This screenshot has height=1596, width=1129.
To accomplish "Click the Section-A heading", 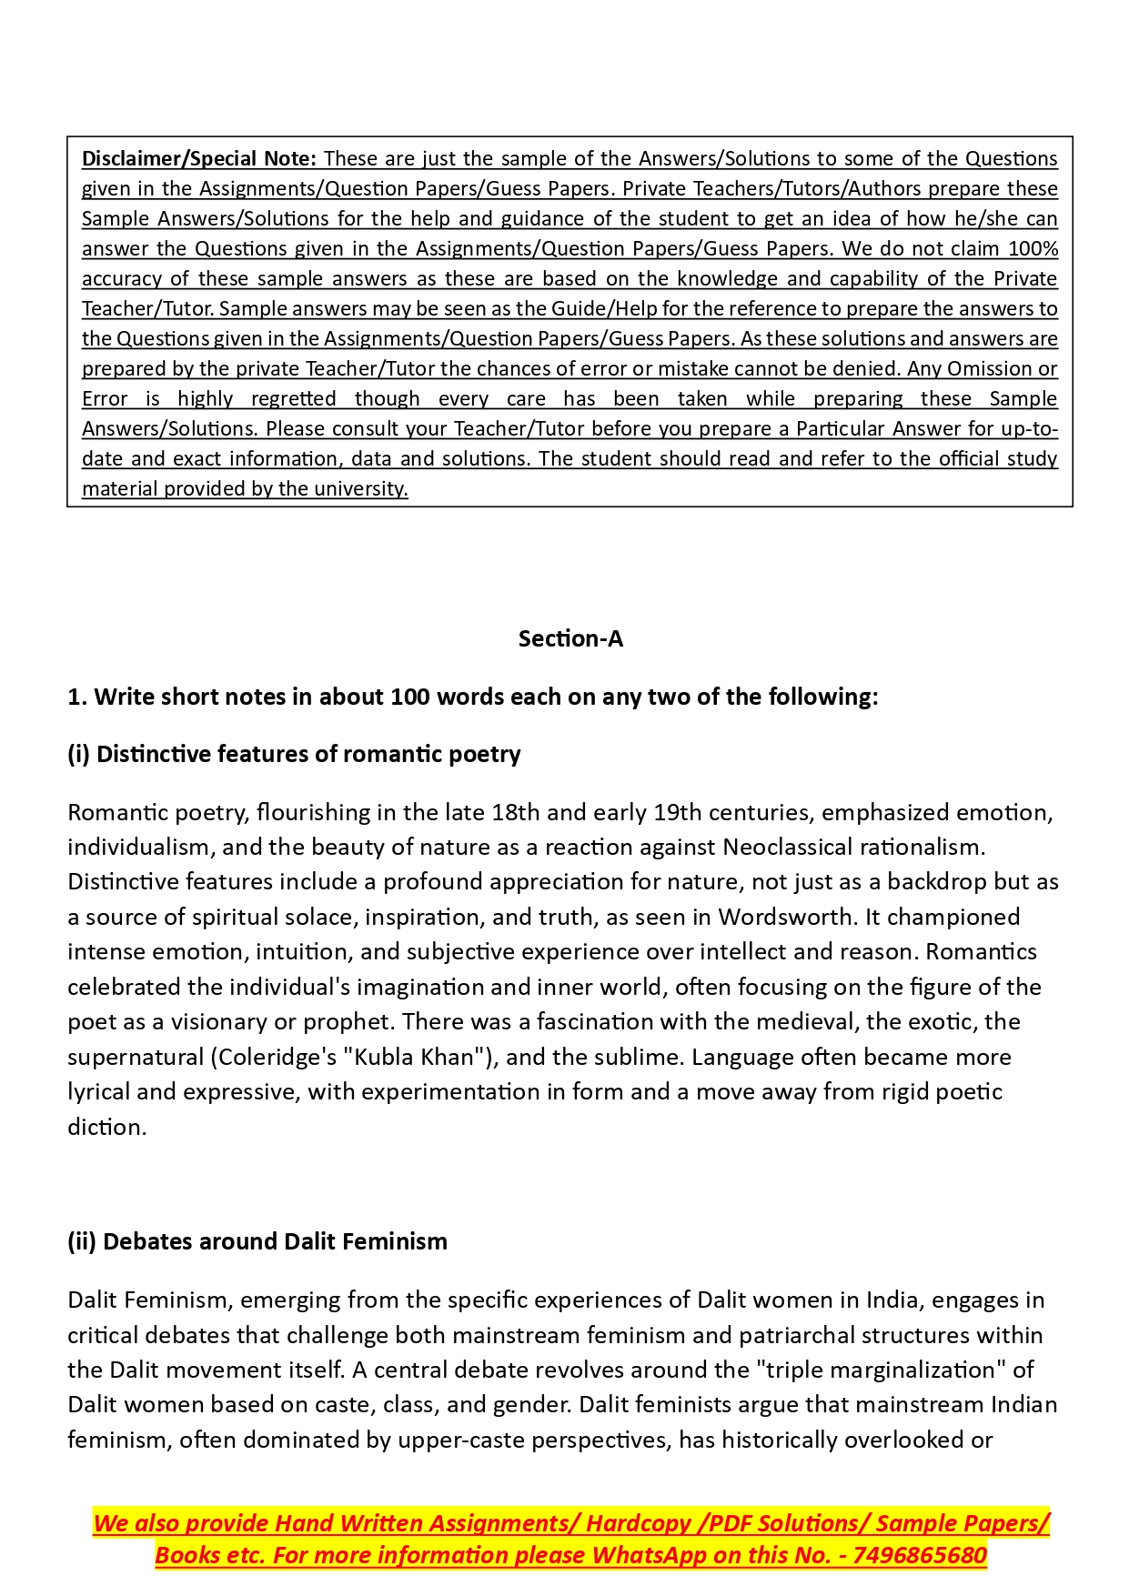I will [570, 639].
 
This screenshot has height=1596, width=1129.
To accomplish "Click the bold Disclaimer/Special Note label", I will [198, 159].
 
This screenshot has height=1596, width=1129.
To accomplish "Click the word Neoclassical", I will [790, 848].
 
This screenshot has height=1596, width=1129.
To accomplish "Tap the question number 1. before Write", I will [77, 698].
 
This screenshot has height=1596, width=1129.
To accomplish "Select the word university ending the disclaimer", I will [360, 489].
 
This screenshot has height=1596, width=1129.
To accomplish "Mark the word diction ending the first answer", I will [106, 1128].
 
